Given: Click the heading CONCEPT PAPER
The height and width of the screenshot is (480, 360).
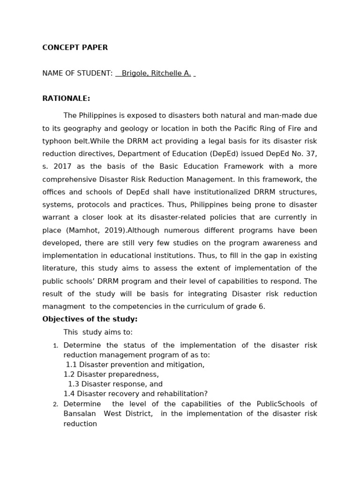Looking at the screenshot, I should (x=75, y=47).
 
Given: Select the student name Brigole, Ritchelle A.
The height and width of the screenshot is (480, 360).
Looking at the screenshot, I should (x=156, y=74).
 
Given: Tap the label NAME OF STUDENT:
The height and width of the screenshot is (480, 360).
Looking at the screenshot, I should (x=77, y=74).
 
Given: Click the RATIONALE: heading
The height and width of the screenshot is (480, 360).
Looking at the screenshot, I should (x=66, y=98).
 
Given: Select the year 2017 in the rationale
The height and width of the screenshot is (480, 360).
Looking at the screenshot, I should (x=62, y=166).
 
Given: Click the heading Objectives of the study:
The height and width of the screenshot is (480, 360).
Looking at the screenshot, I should (x=90, y=319).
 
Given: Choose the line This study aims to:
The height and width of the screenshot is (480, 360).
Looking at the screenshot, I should (x=98, y=332).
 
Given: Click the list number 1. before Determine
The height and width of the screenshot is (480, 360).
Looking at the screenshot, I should (x=55, y=346).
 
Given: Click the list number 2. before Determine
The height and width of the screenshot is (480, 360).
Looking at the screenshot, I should (x=55, y=405).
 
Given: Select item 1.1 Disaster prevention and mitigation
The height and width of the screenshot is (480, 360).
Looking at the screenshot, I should (x=135, y=365).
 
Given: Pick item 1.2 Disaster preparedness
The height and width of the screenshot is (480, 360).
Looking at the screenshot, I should (x=111, y=375).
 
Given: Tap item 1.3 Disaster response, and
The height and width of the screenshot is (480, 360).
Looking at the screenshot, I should (x=115, y=384).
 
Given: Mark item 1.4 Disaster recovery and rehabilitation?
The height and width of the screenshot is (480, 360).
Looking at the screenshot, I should (x=135, y=394).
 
